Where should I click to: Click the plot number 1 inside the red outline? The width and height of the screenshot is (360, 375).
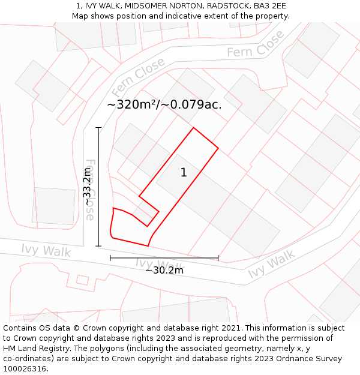(184, 173)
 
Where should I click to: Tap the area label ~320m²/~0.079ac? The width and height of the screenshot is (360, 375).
(164, 104)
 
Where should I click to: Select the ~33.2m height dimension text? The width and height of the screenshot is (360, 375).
(88, 187)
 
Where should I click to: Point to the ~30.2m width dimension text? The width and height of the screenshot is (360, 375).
(164, 270)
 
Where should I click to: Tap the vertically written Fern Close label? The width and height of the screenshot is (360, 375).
(91, 190)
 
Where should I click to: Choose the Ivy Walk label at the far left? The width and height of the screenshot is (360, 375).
(46, 251)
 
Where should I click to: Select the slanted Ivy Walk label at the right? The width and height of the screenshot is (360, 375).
(272, 265)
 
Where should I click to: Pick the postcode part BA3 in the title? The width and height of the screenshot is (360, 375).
(262, 6)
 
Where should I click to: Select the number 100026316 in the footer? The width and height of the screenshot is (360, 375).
(26, 369)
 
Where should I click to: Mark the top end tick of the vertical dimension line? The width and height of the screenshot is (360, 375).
(99, 127)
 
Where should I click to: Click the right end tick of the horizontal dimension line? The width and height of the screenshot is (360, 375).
(218, 258)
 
